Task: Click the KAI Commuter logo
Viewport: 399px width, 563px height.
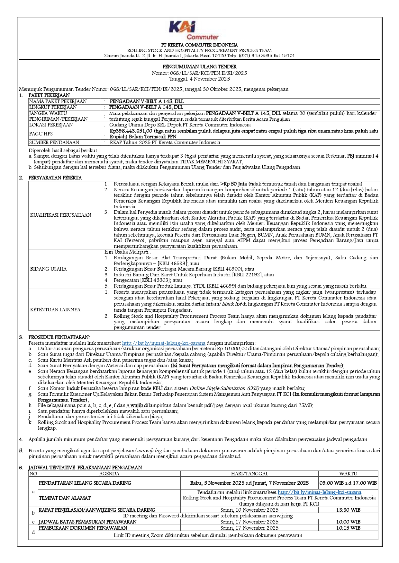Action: [x=194, y=30]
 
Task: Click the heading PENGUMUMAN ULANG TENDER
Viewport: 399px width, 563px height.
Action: [x=199, y=67]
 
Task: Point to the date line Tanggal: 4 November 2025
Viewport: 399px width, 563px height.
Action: [x=199, y=79]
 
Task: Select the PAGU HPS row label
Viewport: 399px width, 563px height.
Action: [x=41, y=134]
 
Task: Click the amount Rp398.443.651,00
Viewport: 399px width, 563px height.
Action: [x=131, y=131]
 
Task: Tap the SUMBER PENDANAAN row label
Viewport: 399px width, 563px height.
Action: [x=54, y=143]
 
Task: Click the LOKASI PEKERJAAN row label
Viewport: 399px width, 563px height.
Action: [x=51, y=125]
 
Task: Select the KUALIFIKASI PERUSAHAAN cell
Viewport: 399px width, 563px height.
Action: [x=61, y=215]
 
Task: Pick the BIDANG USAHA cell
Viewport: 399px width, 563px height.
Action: [x=48, y=269]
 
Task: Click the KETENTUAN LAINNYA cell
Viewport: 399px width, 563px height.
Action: [x=55, y=310]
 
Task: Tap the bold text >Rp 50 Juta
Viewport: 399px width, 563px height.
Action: [x=234, y=184]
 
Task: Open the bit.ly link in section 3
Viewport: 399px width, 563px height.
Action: [x=163, y=343]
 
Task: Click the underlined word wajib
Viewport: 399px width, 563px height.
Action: [x=137, y=405]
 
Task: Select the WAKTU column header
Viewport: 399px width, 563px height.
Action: [x=348, y=473]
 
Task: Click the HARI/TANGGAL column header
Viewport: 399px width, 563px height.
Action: [x=249, y=473]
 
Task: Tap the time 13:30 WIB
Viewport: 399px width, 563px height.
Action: [x=348, y=510]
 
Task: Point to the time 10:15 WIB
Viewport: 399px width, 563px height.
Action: [x=348, y=528]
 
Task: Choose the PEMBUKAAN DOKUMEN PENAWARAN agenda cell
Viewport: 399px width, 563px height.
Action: [x=83, y=528]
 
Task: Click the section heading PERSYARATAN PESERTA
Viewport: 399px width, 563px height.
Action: [x=55, y=178]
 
